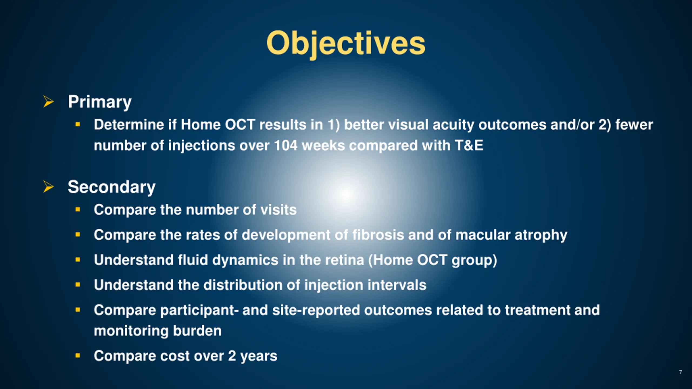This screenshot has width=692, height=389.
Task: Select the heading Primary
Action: click(99, 102)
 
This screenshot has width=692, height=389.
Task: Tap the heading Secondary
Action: click(111, 187)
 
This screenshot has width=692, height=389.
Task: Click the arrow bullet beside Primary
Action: click(48, 102)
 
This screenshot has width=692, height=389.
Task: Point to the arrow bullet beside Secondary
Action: click(48, 187)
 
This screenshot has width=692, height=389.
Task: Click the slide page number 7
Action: click(680, 372)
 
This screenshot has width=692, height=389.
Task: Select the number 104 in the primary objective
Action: click(286, 145)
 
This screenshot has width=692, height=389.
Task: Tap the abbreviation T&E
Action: click(469, 145)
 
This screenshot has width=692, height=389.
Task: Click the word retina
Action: click(345, 260)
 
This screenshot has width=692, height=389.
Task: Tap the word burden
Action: click(197, 331)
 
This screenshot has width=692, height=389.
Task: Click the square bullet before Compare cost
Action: click(78, 356)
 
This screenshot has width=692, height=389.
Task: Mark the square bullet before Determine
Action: click(78, 125)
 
